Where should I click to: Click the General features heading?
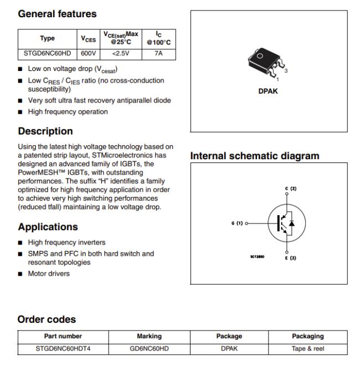(x=57, y=14)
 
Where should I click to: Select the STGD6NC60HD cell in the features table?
(x=47, y=54)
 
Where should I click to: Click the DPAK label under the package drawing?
(x=268, y=92)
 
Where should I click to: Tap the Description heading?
(x=45, y=131)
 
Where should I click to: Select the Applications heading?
(x=48, y=227)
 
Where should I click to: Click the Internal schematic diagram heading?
(x=255, y=156)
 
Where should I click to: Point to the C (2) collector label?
(x=291, y=189)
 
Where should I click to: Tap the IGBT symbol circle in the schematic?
(x=285, y=223)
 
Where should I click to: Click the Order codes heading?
(x=47, y=319)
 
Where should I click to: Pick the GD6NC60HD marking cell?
(x=149, y=349)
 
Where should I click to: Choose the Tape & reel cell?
(x=308, y=349)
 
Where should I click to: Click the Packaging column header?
(x=308, y=336)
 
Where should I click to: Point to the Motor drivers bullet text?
(x=49, y=273)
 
